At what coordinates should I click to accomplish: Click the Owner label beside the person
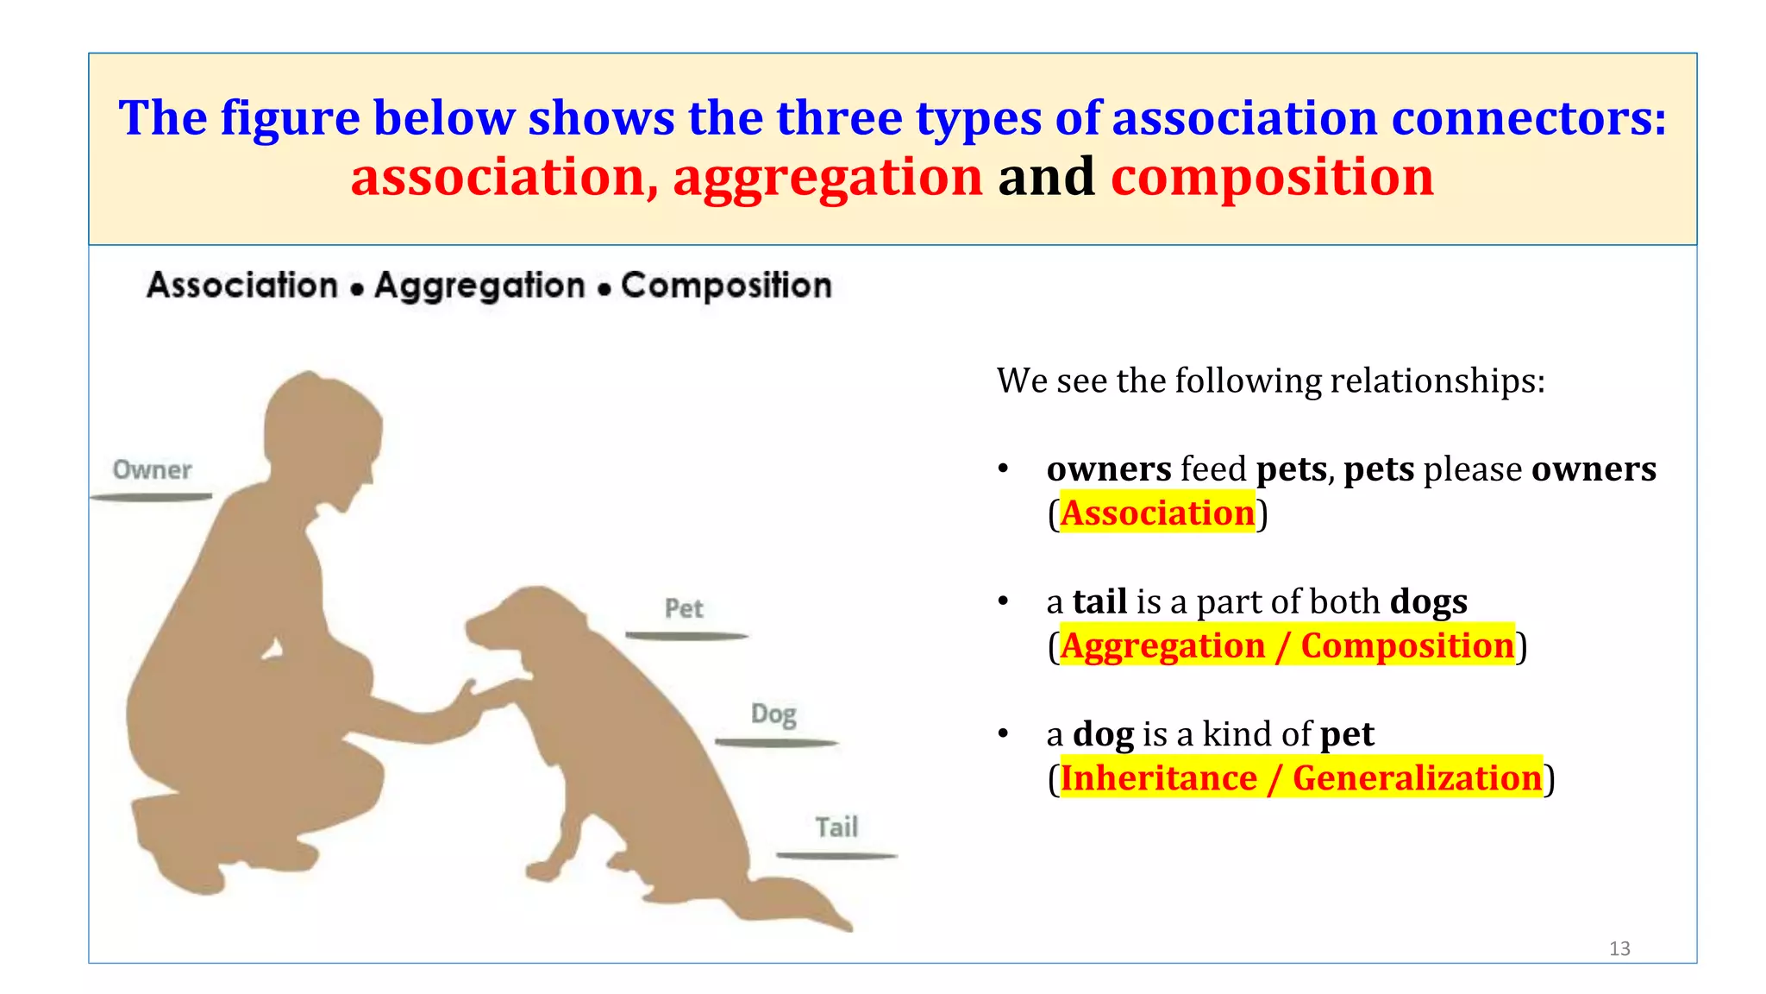coord(152,470)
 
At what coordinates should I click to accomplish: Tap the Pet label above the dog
coord(684,609)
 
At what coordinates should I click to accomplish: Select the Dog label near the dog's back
coord(773,714)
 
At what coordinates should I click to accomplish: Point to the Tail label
coord(836,827)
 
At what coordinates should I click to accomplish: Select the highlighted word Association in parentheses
coord(1156,513)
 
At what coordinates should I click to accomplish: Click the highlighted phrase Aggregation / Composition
coord(1287,645)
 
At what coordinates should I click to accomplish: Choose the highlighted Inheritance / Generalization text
coord(1300,778)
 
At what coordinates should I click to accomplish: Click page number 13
coord(1619,948)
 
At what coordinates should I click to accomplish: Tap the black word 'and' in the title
coord(1046,178)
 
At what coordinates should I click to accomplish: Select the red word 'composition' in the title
coord(1272,178)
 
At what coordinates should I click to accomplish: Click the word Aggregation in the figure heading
coord(479,286)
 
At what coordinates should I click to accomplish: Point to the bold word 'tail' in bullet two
coord(1099,601)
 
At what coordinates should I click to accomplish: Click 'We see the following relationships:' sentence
coord(1270,381)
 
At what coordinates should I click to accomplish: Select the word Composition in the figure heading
coord(726,286)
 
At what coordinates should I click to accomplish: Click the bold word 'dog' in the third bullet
coord(1103,734)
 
